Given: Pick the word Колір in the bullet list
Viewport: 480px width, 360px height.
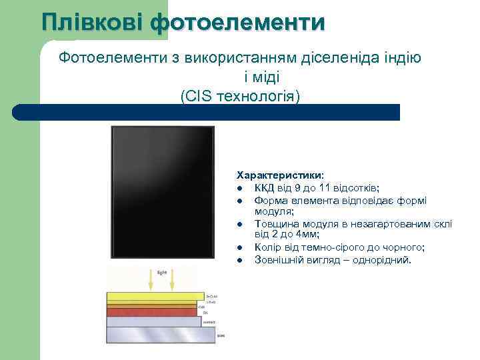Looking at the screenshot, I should click(268, 247).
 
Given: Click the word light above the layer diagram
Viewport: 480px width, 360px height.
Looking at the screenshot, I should click(161, 273).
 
